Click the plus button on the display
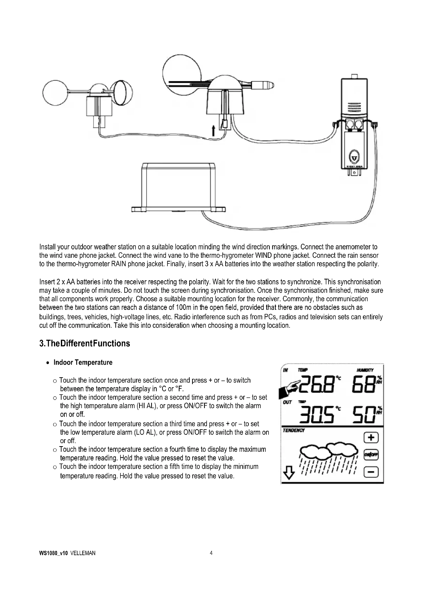tap(371, 438)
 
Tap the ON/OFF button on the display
tap(371, 455)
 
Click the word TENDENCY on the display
tap(294, 430)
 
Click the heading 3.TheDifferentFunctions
tap(84, 343)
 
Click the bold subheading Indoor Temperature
tap(83, 362)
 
